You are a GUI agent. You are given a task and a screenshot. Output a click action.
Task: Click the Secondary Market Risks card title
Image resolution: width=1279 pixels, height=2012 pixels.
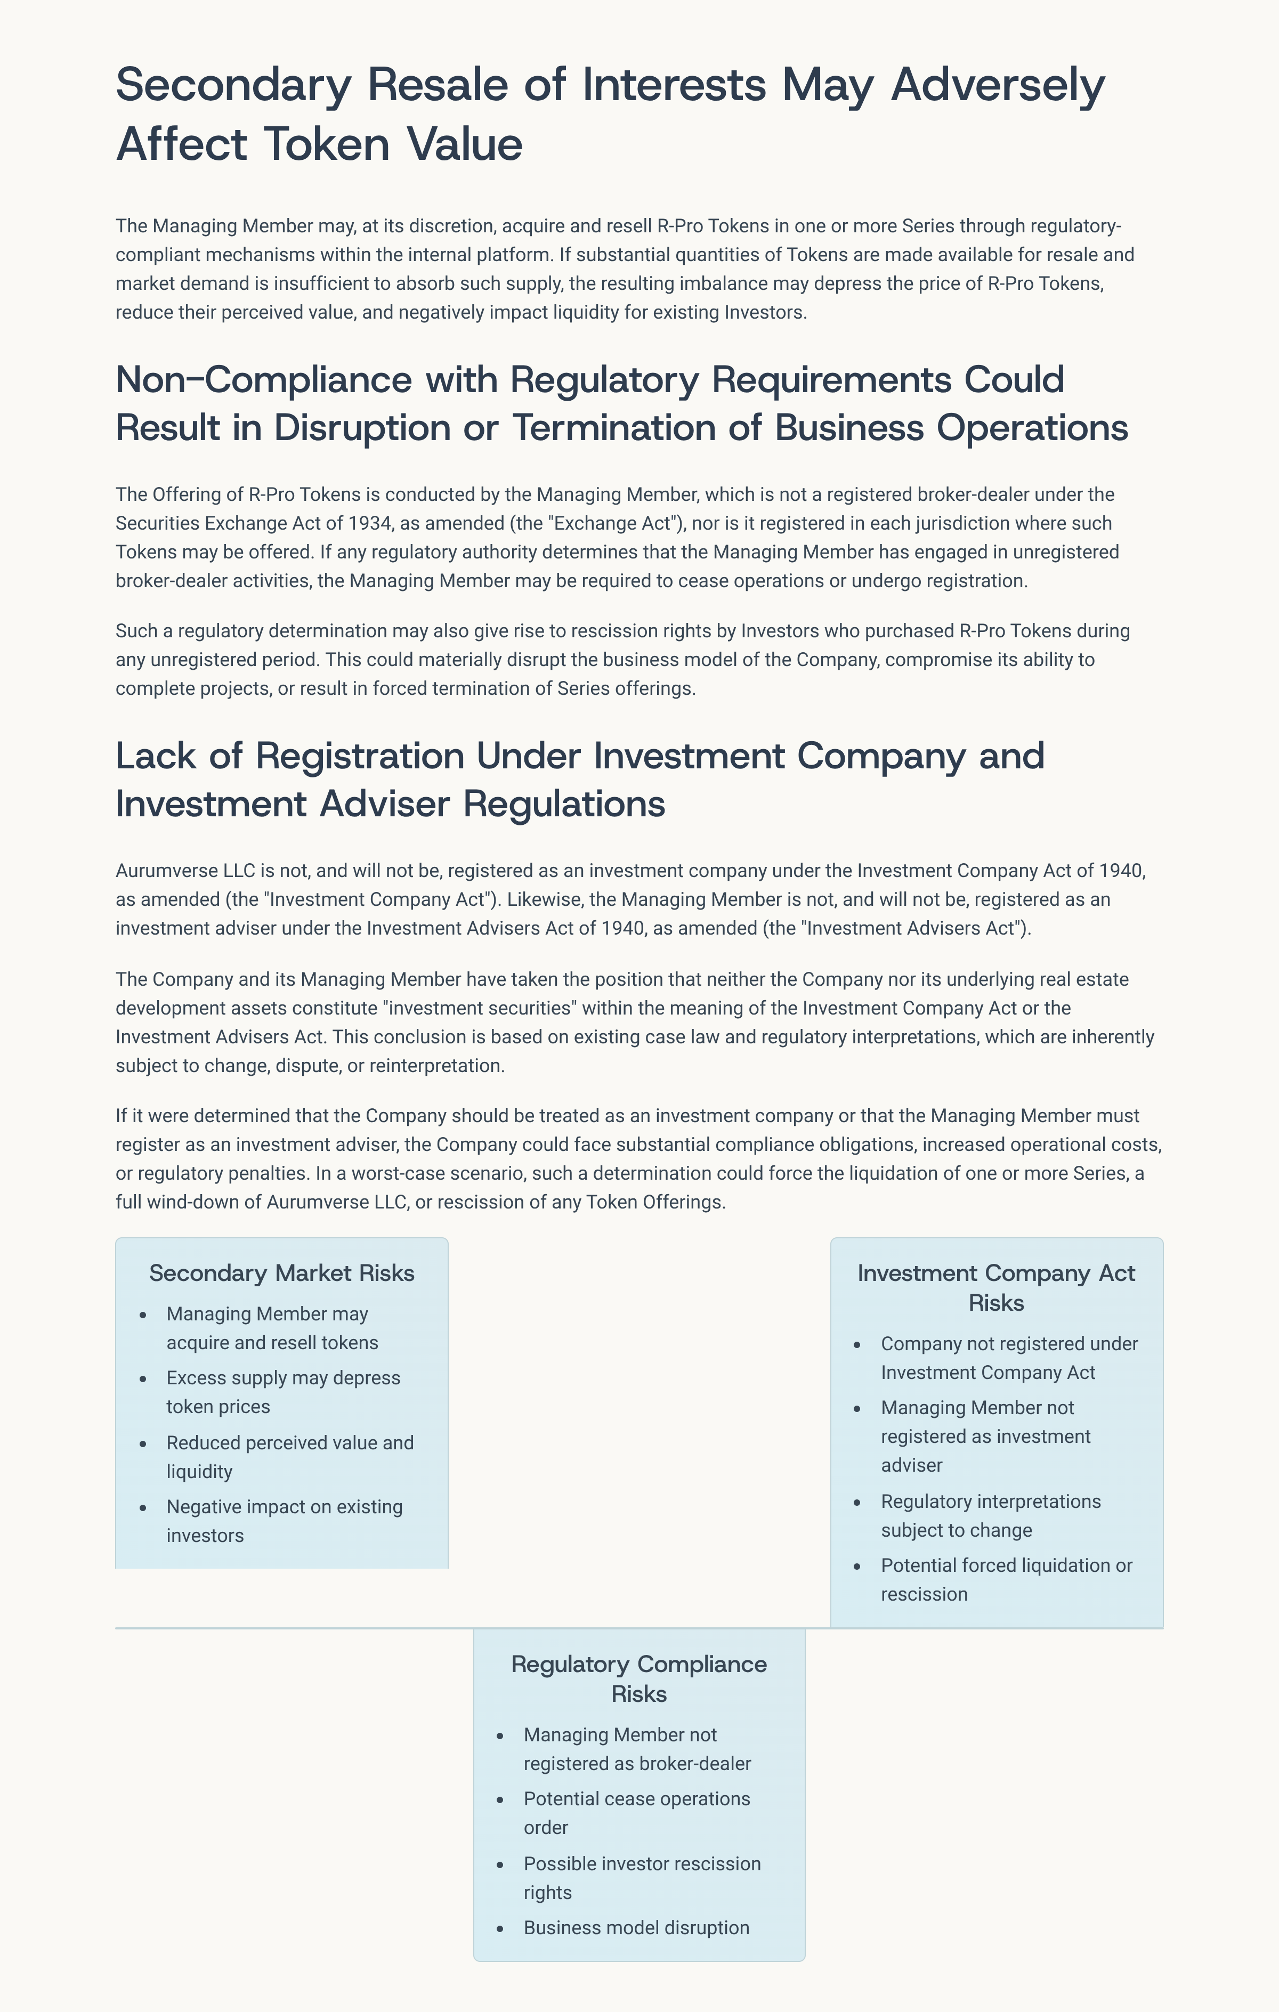point(281,1272)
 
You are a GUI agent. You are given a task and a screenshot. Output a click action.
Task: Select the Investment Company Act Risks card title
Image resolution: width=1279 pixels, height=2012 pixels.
point(996,1287)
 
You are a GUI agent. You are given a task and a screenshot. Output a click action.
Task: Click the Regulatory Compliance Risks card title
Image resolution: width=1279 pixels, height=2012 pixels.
point(639,1678)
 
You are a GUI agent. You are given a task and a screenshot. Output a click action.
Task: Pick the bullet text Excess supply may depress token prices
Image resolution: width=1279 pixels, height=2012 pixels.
point(283,1392)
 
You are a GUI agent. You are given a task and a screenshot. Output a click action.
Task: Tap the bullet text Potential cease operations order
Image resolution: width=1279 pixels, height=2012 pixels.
point(637,1813)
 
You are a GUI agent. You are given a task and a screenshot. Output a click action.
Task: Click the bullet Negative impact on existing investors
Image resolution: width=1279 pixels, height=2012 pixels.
point(284,1522)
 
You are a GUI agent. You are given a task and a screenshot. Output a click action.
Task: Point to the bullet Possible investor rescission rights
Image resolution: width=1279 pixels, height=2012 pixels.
point(642,1878)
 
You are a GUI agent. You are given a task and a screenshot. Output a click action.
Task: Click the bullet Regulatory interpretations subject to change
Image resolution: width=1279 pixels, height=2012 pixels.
point(991,1516)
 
